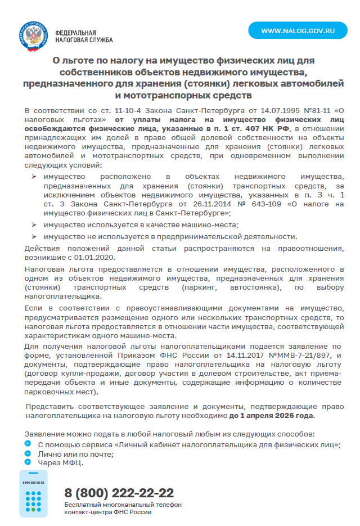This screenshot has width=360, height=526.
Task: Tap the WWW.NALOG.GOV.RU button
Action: [298, 30]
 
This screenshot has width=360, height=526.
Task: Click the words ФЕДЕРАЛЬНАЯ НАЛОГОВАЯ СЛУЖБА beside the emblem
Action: [84, 37]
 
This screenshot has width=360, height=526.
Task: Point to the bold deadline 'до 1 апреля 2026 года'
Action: [272, 416]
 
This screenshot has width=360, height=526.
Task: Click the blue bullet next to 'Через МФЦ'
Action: [28, 462]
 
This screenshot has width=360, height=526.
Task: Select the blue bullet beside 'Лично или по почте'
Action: [28, 453]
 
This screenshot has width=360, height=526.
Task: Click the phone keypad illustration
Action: [33, 494]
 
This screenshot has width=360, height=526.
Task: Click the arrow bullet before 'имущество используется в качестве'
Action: [35, 224]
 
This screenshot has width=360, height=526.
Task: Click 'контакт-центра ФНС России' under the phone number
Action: [108, 513]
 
